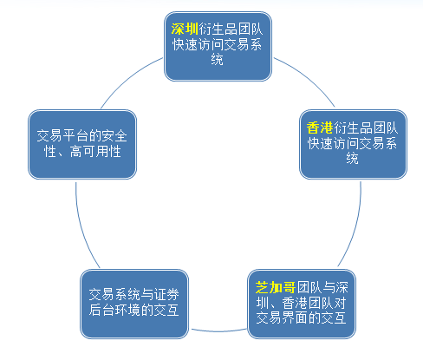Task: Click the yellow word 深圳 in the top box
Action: click(x=185, y=29)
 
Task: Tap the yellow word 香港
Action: click(x=320, y=128)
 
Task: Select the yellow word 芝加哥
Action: click(x=276, y=287)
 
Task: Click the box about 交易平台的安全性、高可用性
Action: click(x=82, y=144)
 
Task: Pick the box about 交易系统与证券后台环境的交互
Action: click(x=134, y=304)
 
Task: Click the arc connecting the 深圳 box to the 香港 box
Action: click(x=308, y=77)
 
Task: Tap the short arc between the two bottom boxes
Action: click(x=218, y=331)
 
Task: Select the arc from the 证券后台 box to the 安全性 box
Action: click(x=82, y=227)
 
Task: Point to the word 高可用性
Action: click(x=95, y=152)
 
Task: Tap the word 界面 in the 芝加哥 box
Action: click(x=295, y=317)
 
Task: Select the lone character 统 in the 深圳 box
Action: click(x=217, y=60)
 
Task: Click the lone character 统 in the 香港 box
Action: click(x=352, y=158)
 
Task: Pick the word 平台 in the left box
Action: click(x=76, y=136)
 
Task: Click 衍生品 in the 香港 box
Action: click(x=353, y=128)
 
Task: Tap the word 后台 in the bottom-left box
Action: click(x=102, y=310)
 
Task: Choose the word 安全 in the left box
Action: click(x=114, y=136)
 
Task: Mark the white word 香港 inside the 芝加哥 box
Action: click(x=295, y=303)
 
